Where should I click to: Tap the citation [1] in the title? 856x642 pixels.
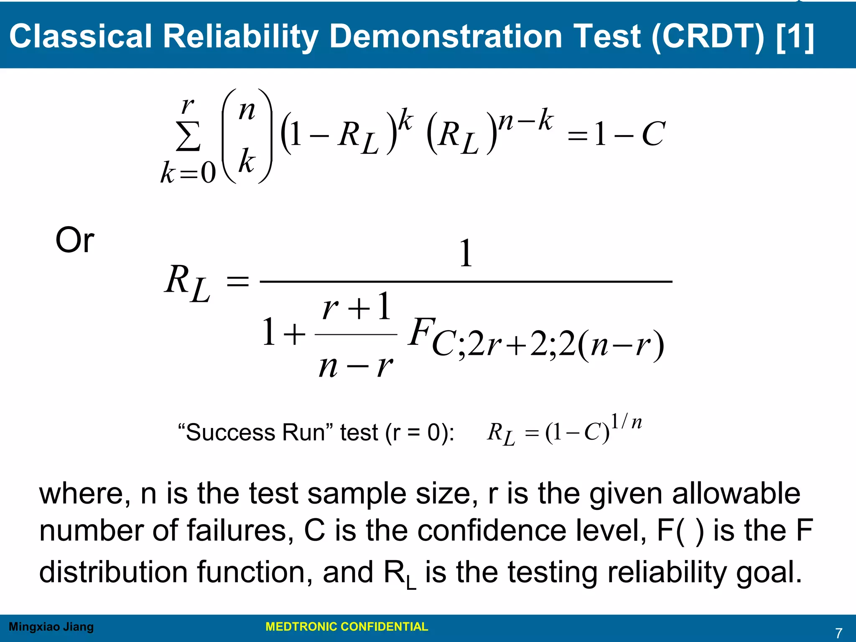tap(795, 36)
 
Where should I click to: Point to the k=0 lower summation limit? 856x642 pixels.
tap(188, 172)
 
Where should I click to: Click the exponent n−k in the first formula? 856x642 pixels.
tap(526, 120)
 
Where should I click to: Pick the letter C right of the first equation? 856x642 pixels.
tap(652, 135)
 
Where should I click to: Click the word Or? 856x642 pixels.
tap(75, 240)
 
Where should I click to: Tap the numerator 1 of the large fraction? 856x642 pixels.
tap(466, 253)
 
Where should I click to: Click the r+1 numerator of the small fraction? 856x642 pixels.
tap(357, 307)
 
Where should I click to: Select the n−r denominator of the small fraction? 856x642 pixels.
tap(356, 367)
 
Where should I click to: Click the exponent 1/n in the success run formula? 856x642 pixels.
tap(626, 422)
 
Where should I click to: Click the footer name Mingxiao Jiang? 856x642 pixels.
tap(51, 627)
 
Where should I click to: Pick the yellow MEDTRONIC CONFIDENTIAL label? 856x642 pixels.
tap(346, 627)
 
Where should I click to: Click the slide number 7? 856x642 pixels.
tap(838, 633)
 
